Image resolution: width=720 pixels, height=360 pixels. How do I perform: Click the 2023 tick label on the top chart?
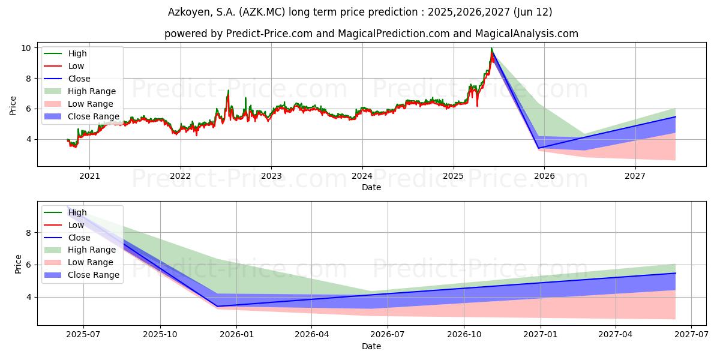click(x=271, y=176)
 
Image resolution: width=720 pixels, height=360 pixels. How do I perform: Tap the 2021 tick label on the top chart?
click(x=89, y=176)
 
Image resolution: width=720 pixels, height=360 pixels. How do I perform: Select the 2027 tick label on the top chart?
click(x=635, y=176)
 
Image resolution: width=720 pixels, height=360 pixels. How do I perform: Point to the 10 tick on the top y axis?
click(x=27, y=48)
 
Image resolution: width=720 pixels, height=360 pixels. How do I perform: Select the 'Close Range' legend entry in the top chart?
click(x=94, y=116)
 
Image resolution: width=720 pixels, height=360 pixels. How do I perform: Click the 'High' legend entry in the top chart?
click(x=77, y=53)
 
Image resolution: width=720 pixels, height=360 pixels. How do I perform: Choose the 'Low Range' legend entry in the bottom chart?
click(x=91, y=262)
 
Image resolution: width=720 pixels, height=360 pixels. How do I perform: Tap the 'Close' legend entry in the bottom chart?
click(x=79, y=238)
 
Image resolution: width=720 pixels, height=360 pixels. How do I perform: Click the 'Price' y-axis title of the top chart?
click(x=13, y=106)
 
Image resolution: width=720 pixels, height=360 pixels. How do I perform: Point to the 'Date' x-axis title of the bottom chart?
click(x=371, y=346)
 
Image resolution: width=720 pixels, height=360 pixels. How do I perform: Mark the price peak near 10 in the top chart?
click(x=491, y=49)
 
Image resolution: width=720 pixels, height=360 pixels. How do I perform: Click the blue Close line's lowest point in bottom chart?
click(x=218, y=306)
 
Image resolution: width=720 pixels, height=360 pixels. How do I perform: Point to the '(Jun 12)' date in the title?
click(x=532, y=12)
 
